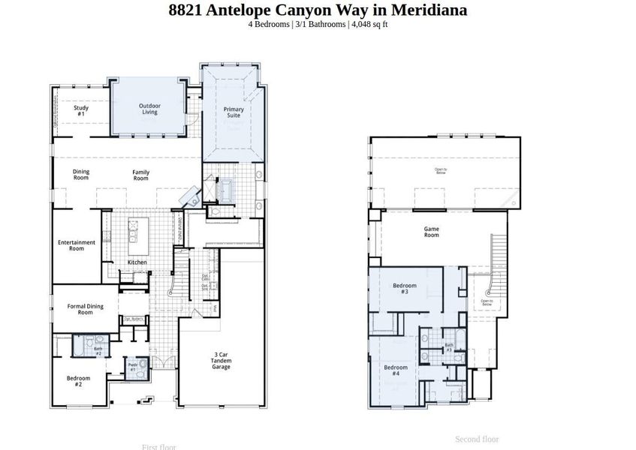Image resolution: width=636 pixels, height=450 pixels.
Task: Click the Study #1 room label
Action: point(80,110)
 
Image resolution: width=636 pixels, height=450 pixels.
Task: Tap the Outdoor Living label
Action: point(149,109)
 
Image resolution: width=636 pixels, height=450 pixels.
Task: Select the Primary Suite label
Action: point(234,112)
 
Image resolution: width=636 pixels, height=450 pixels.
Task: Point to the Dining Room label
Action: point(81,175)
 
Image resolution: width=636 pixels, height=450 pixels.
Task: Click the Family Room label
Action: point(140,175)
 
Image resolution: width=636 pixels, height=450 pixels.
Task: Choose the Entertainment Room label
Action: point(77,245)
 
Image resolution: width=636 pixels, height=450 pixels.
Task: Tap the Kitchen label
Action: point(137,262)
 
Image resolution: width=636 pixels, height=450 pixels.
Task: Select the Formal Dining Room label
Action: point(85,309)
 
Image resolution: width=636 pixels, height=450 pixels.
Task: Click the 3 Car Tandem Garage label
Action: point(220,360)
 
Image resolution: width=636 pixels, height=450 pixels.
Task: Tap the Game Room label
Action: point(431,232)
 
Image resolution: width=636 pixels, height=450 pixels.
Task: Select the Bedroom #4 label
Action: point(396,370)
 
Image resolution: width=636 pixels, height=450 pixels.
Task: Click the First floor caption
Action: point(158,447)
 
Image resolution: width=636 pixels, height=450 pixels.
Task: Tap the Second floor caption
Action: point(477,439)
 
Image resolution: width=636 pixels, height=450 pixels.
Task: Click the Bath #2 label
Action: point(98,350)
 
